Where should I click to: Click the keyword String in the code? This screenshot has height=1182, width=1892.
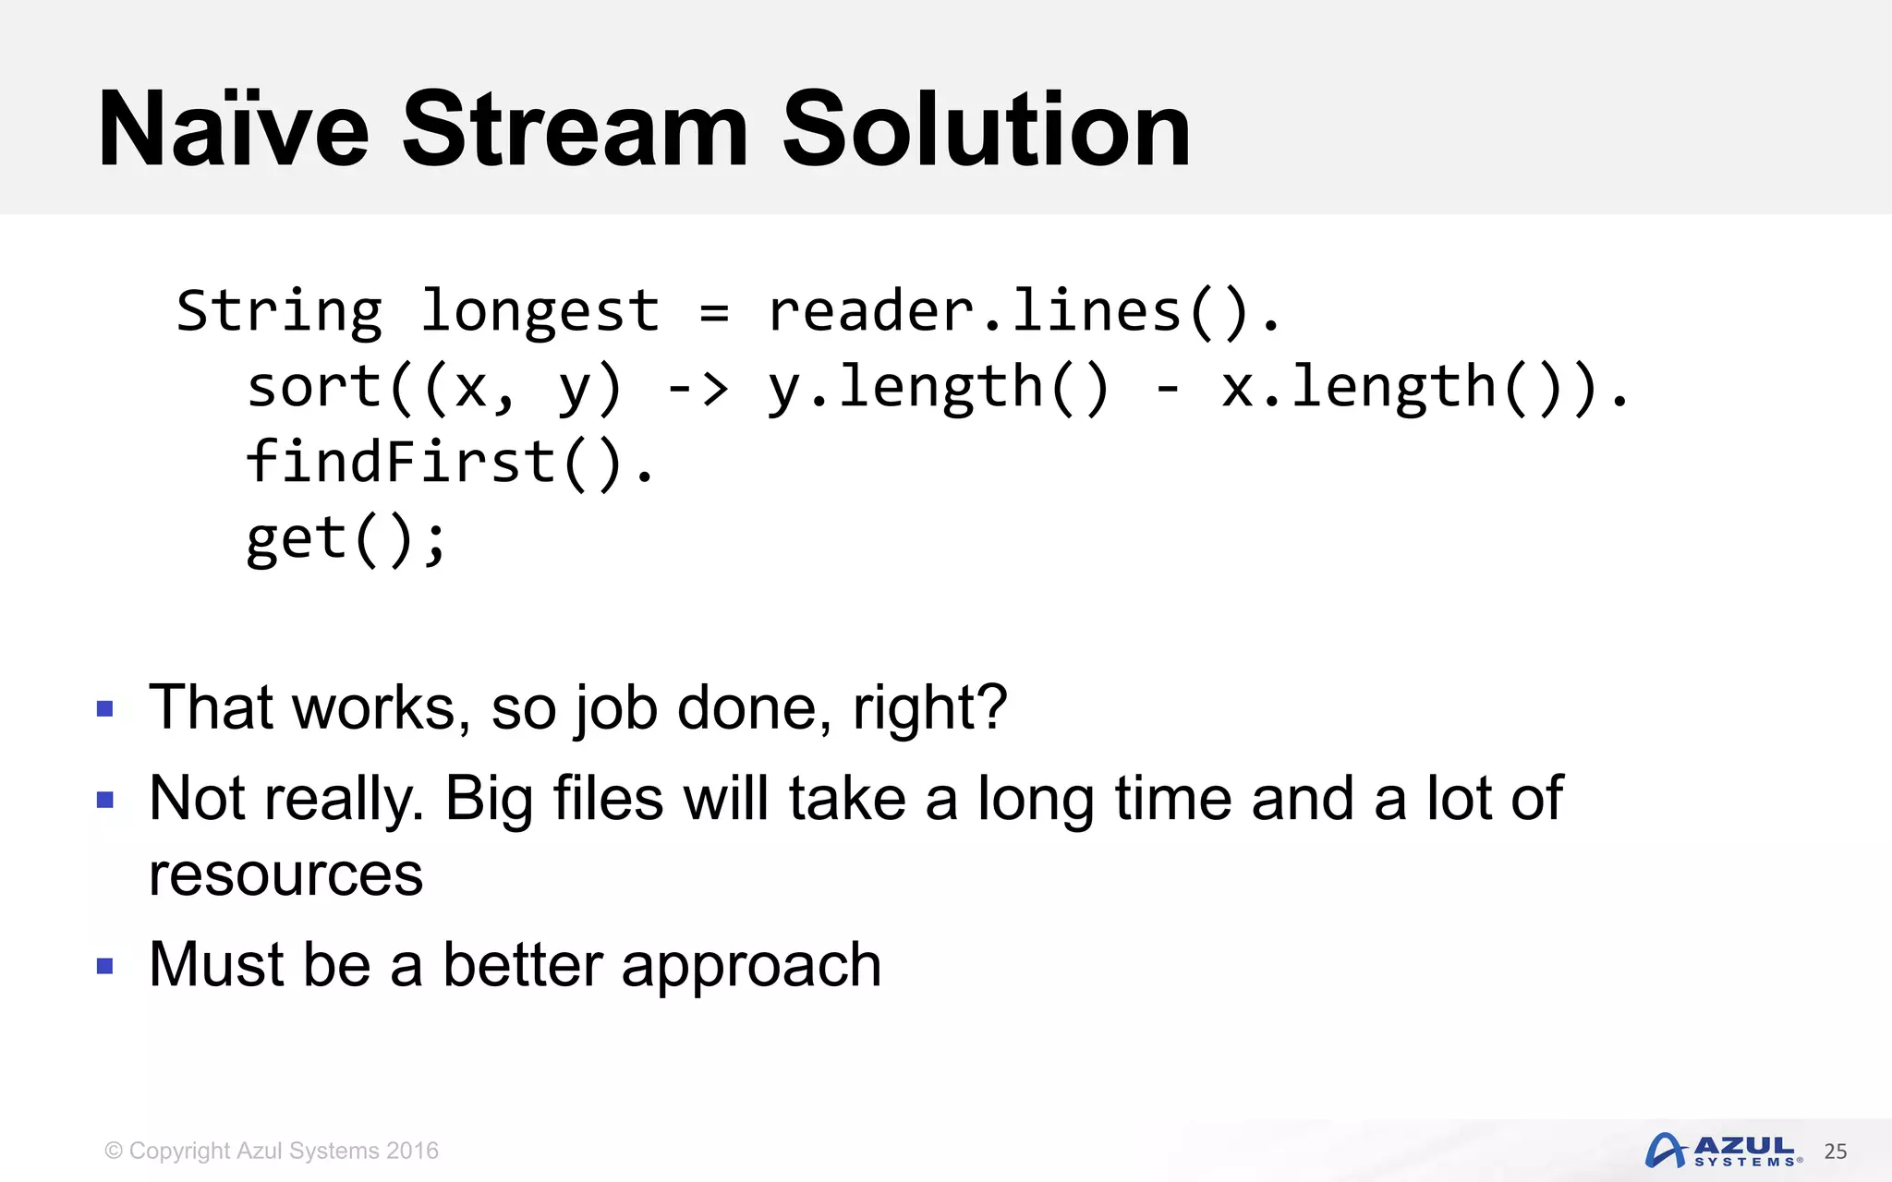tap(279, 312)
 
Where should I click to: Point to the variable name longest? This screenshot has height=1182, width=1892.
tap(540, 312)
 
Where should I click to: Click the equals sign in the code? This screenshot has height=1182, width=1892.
tap(714, 312)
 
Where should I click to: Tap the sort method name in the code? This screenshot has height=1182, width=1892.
tap(314, 388)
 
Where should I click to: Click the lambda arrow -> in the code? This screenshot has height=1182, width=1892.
tap(697, 388)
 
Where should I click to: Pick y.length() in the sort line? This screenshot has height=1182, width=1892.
tap(937, 388)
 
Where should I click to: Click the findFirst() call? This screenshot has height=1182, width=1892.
tap(434, 463)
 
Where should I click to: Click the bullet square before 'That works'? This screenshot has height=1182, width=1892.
tap(104, 709)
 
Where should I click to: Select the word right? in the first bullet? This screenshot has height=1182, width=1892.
tap(929, 709)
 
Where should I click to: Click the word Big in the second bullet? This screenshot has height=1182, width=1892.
tap(489, 800)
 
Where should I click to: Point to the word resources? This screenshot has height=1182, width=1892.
tap(285, 874)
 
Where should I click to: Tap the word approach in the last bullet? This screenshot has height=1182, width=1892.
tap(751, 966)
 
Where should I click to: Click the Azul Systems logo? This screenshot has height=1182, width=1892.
tap(1722, 1151)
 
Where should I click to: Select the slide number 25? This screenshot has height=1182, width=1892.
tap(1835, 1152)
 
